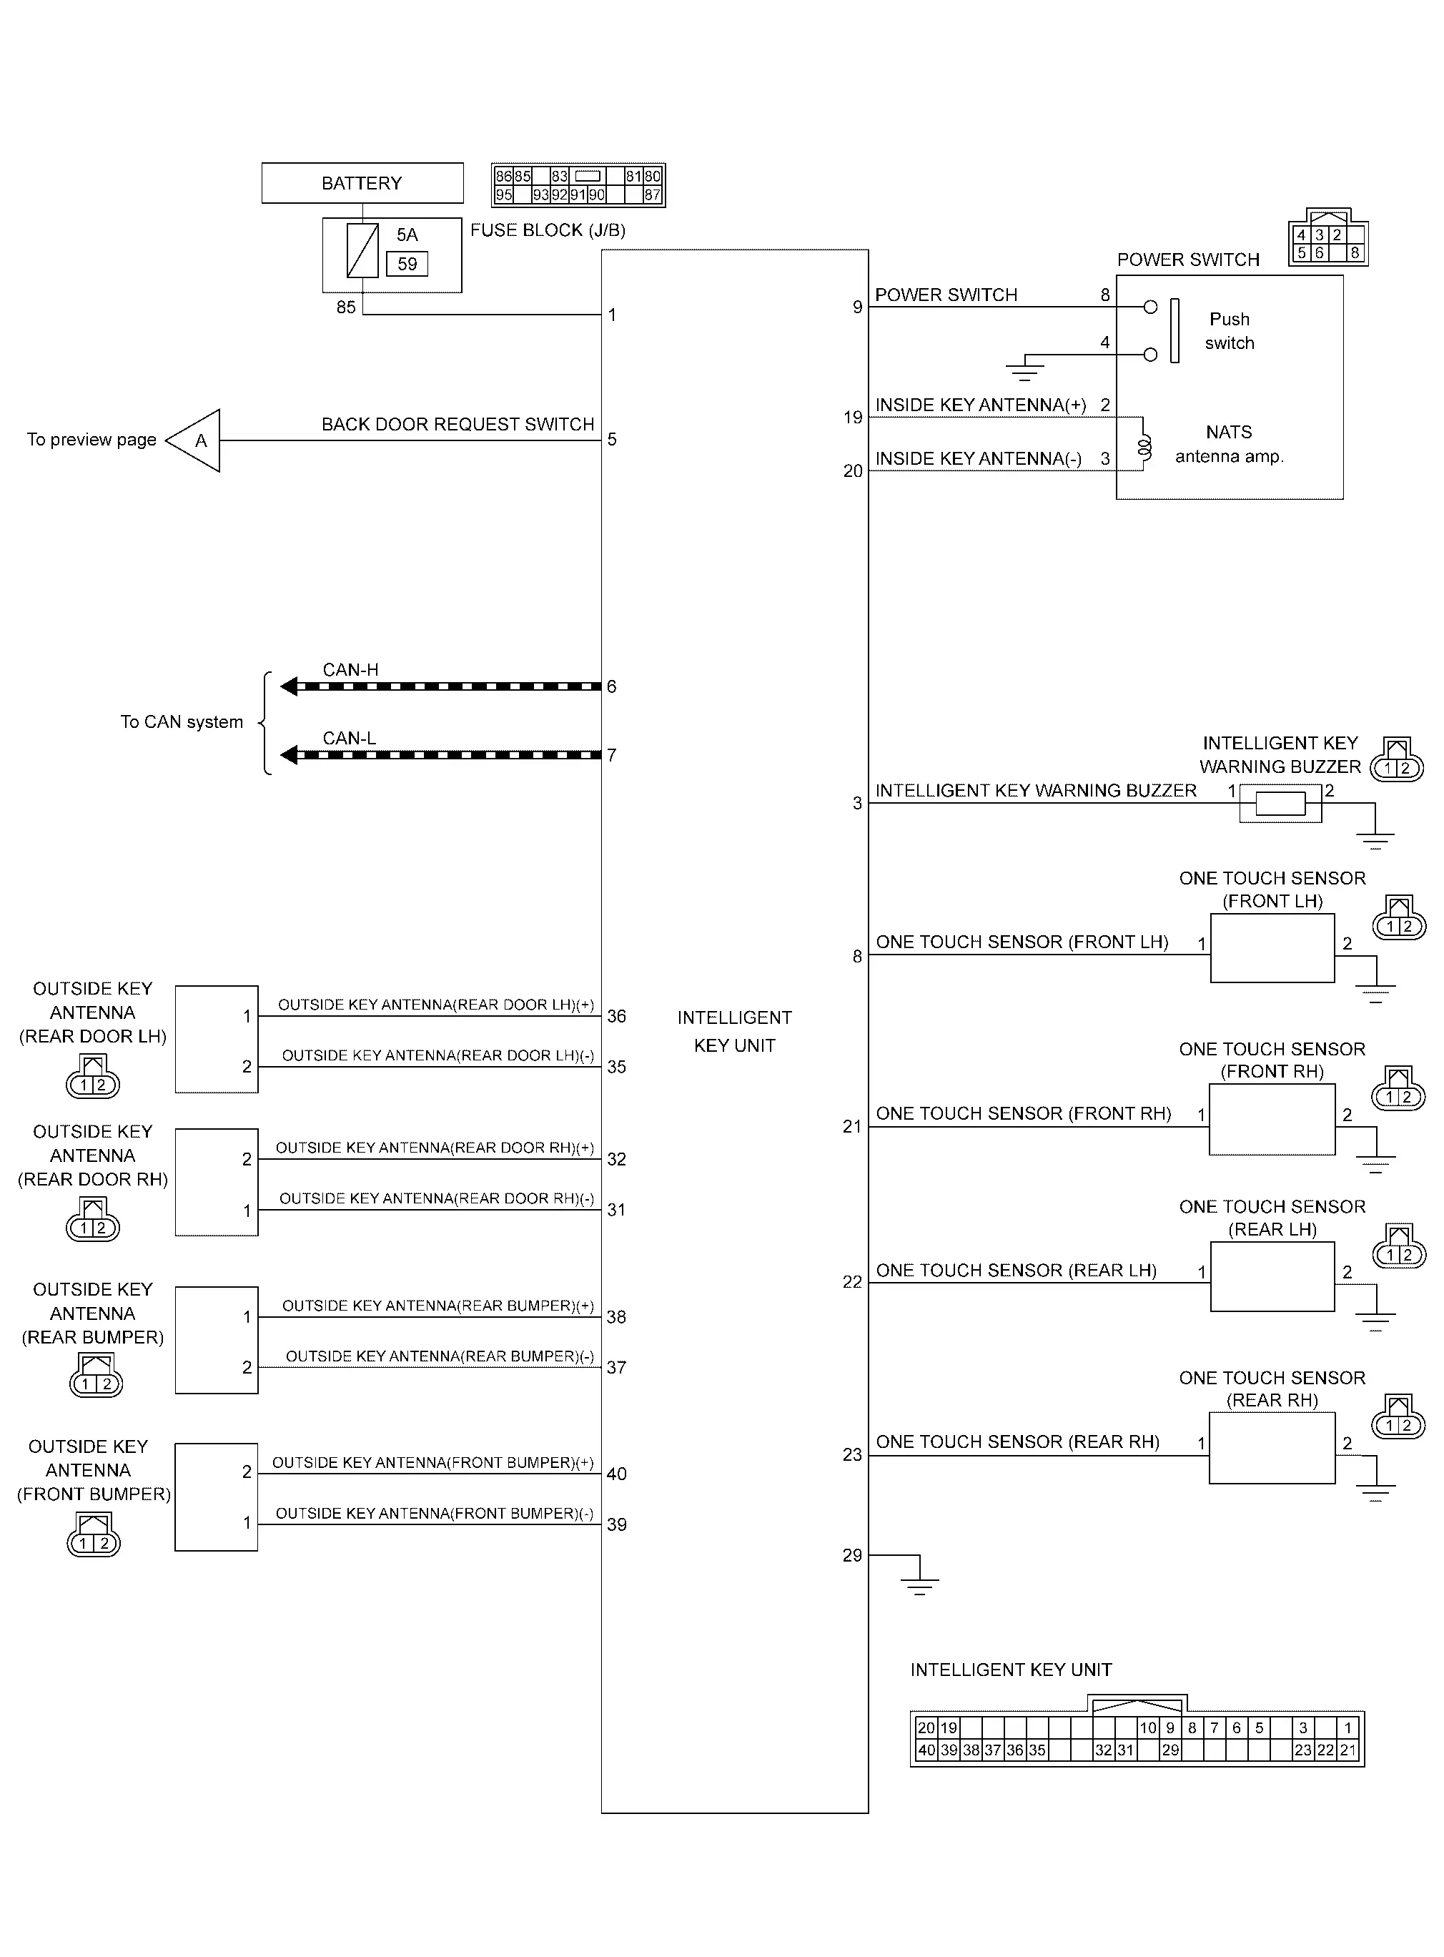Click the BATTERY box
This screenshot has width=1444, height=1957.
click(362, 182)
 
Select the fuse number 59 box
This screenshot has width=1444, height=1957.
click(407, 264)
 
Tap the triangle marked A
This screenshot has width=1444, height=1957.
click(193, 440)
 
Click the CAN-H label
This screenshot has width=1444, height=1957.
click(350, 669)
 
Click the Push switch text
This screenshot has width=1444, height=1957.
click(1230, 331)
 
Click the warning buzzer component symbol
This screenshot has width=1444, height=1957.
click(1280, 803)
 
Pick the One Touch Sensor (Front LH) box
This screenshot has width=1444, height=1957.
click(1272, 948)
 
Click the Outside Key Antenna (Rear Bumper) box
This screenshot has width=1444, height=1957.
click(217, 1340)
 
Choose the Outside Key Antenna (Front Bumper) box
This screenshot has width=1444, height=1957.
click(217, 1497)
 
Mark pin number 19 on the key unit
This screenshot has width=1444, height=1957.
click(853, 418)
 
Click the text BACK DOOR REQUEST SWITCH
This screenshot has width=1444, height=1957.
click(458, 425)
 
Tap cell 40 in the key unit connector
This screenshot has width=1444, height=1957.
click(926, 1750)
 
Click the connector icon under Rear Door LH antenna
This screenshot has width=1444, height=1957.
click(93, 1077)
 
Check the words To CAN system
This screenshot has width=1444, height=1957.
click(182, 722)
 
